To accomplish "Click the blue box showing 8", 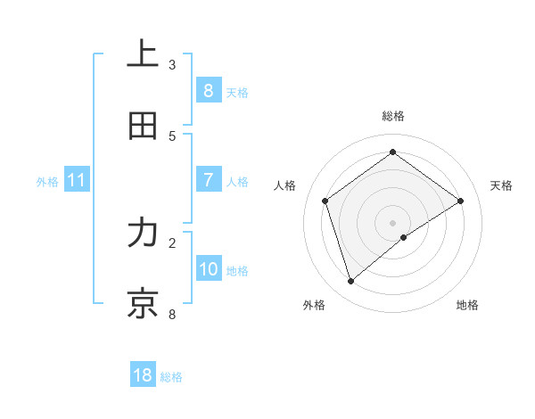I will click(208, 91).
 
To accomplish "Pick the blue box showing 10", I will click(208, 269).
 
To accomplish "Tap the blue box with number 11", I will click(77, 181).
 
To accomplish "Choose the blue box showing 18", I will click(143, 375).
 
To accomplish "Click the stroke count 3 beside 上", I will click(172, 65).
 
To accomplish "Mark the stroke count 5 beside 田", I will click(172, 136).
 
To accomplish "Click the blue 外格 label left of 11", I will click(47, 182).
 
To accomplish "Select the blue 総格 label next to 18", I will click(171, 377).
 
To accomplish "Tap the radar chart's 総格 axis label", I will click(392, 116).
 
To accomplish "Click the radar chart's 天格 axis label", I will click(501, 185).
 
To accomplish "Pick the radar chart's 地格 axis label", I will click(467, 305).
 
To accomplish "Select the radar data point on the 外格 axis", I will click(350, 282).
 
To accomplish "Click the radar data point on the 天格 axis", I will click(460, 201).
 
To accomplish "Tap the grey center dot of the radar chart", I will click(392, 222).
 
